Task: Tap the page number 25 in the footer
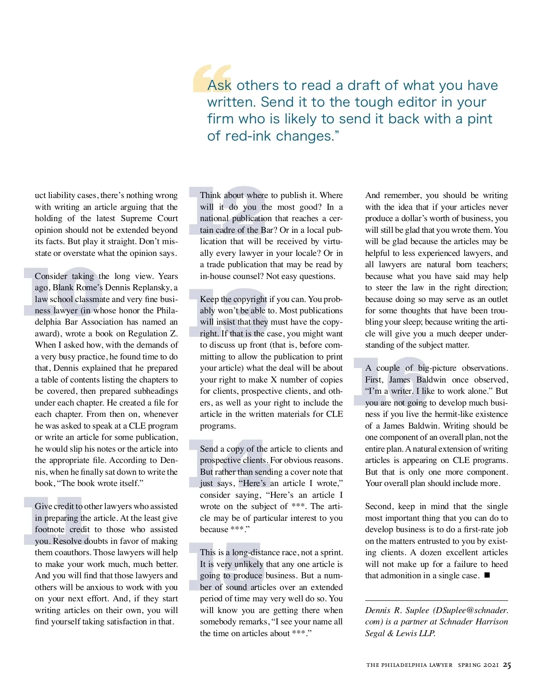[507, 665]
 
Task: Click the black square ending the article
[487, 576]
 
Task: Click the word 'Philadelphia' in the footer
[404, 665]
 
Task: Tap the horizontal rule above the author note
[436, 600]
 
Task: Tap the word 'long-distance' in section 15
[259, 552]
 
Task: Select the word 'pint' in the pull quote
[480, 119]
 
